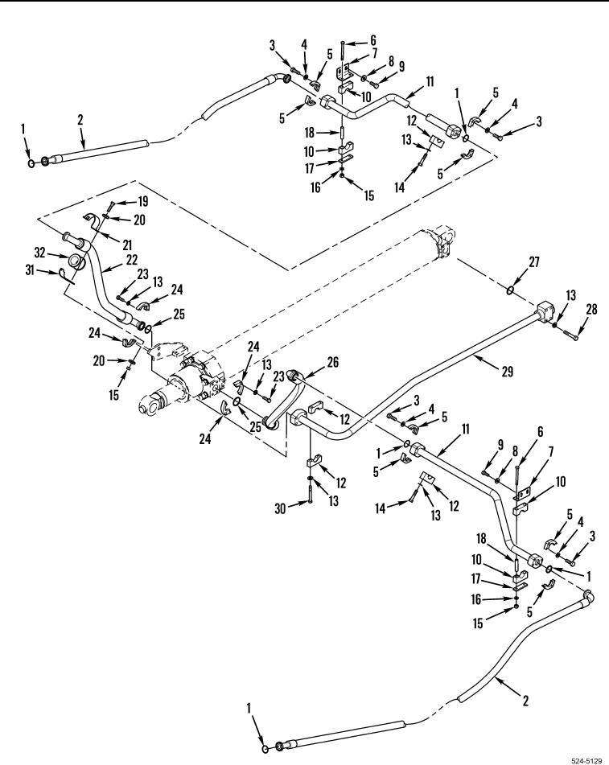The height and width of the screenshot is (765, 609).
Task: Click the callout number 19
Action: pyautogui.click(x=142, y=201)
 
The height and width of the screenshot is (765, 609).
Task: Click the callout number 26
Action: pyautogui.click(x=331, y=362)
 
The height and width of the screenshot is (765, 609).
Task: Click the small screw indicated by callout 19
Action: pyautogui.click(x=110, y=210)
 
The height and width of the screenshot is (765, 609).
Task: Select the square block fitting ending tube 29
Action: pyautogui.click(x=545, y=311)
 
